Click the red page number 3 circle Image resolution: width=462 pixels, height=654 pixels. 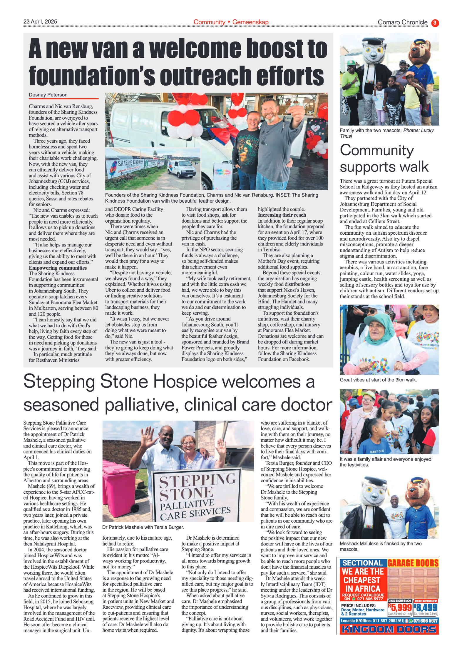[x=435, y=23]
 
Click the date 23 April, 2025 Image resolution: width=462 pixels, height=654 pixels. [x=40, y=22]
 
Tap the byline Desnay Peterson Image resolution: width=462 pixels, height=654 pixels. [x=48, y=95]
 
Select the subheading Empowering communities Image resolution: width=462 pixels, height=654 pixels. [x=58, y=268]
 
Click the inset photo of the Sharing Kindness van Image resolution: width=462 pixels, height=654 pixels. [x=153, y=169]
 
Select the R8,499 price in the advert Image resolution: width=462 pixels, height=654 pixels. [x=425, y=607]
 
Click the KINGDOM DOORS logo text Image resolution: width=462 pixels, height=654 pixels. [x=389, y=630]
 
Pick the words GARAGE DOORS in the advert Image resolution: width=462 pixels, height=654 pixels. [x=413, y=563]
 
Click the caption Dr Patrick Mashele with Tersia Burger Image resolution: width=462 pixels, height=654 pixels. [x=143, y=527]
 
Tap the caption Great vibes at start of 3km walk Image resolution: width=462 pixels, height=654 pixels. [x=378, y=380]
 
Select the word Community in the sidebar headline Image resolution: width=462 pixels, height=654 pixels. [x=377, y=151]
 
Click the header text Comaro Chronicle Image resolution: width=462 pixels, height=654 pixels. [x=402, y=22]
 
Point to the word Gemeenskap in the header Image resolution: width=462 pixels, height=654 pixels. [x=250, y=22]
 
